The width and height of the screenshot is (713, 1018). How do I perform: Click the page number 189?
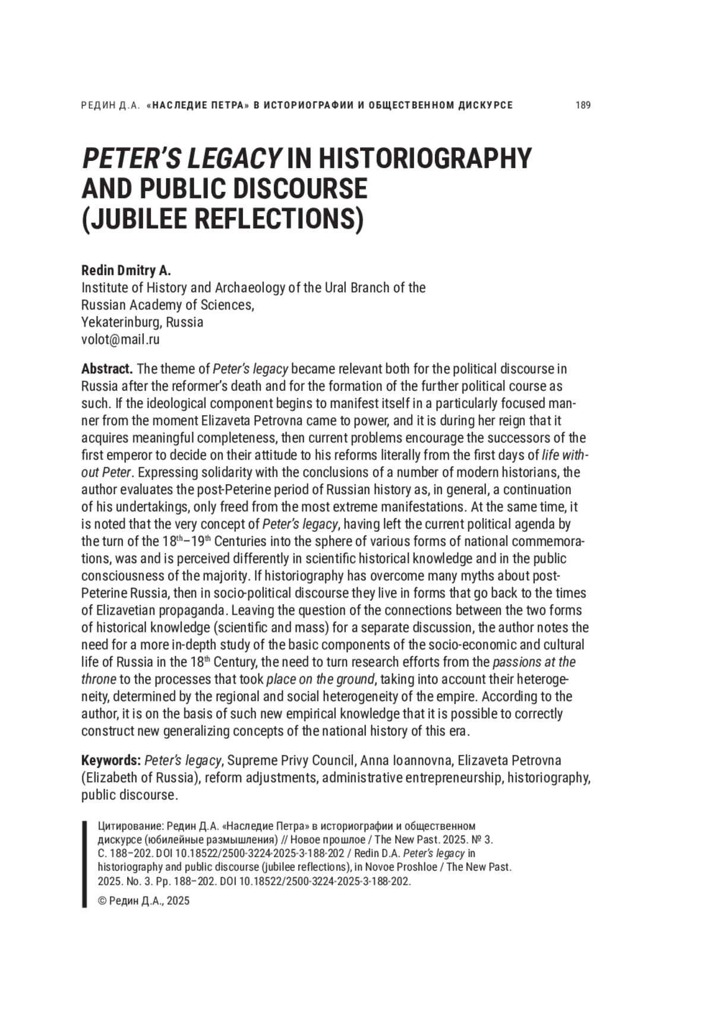tap(583, 105)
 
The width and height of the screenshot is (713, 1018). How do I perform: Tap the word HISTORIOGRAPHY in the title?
tap(424, 159)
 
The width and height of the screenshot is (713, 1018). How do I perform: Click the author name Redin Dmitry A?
tap(126, 271)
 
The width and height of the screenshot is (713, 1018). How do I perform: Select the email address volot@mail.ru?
tap(121, 340)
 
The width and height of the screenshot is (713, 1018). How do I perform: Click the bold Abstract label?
tap(107, 369)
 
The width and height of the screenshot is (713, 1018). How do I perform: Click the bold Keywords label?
tap(111, 760)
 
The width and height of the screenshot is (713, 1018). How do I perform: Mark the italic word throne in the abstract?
tap(99, 679)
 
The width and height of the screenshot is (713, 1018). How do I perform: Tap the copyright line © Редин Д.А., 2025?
tap(144, 900)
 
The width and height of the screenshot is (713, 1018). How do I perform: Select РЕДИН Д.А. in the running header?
tap(110, 105)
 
